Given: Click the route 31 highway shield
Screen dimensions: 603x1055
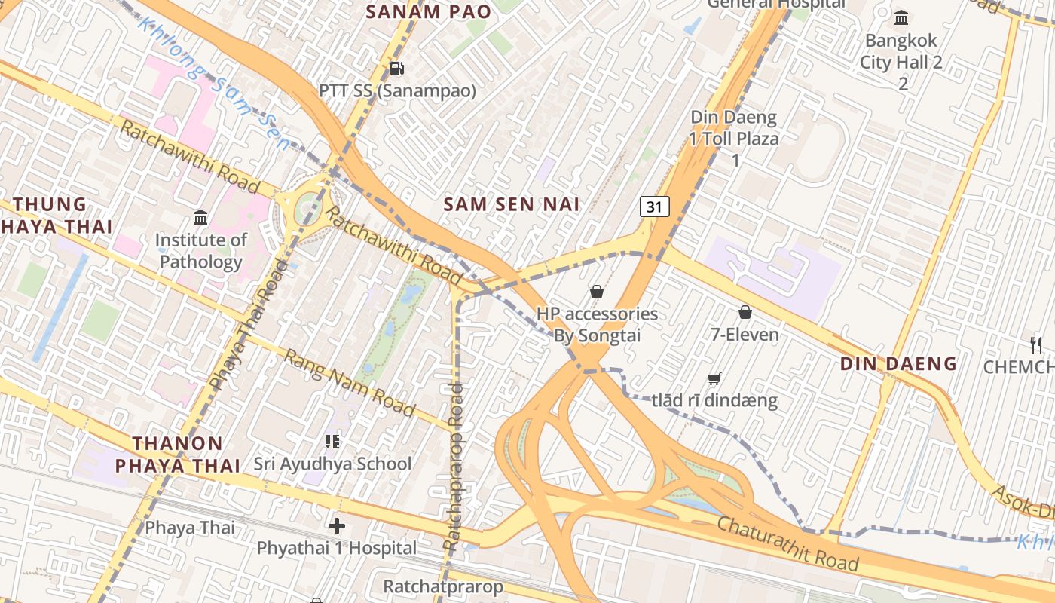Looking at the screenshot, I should (x=655, y=207).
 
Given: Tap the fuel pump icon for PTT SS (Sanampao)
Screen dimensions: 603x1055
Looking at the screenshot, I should (x=396, y=69).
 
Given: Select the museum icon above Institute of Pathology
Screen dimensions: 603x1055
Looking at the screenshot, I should (x=200, y=218).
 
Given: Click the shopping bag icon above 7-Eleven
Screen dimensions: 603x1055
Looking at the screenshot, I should (x=745, y=311).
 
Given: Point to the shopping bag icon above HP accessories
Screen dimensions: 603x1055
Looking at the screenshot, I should (x=597, y=291).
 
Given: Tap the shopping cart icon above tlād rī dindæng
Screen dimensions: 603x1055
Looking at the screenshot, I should (x=714, y=378).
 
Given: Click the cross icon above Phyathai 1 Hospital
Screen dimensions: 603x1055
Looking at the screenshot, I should (x=337, y=525).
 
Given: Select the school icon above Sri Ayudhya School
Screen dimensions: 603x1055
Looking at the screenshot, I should (x=332, y=441).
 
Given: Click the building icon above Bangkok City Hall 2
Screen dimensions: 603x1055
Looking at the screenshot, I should (x=901, y=17).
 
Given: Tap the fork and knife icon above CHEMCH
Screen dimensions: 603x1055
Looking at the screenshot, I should (x=1036, y=344).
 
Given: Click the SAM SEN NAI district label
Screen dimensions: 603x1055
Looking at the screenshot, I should (x=512, y=204).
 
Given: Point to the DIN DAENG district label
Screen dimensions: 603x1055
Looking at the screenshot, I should (x=898, y=364).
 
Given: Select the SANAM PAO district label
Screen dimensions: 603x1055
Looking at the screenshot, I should (x=428, y=11).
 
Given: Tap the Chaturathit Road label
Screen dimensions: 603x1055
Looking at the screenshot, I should (x=787, y=543).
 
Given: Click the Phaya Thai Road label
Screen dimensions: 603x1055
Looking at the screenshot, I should (x=249, y=326).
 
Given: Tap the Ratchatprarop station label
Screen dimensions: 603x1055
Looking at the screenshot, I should (x=442, y=586).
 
